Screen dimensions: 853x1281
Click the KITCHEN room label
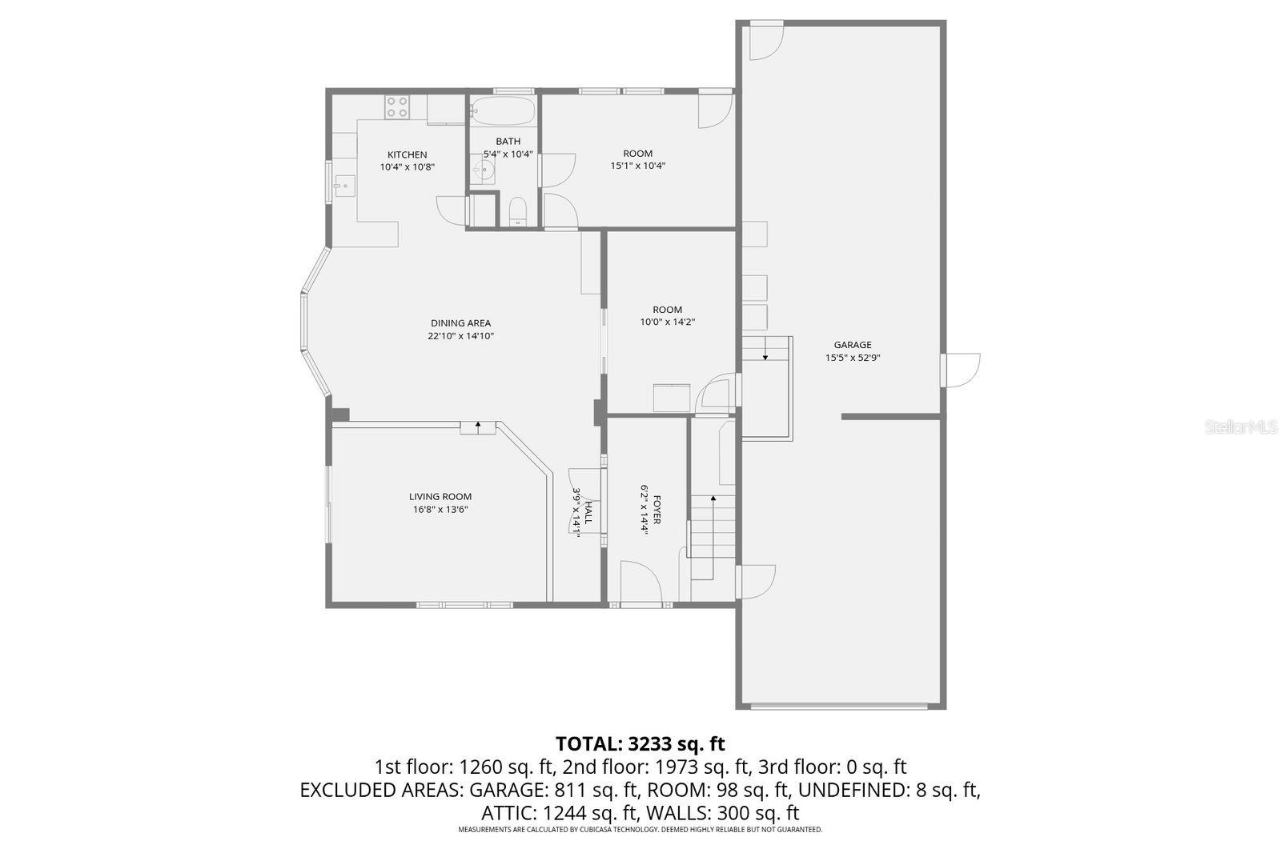pyautogui.click(x=407, y=154)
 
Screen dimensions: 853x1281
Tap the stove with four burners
pyautogui.click(x=397, y=106)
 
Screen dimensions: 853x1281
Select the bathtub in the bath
pyautogui.click(x=503, y=110)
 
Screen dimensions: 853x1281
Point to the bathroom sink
pyautogui.click(x=483, y=170)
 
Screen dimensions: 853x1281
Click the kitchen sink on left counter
pyautogui.click(x=343, y=186)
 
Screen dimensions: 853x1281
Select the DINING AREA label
pyautogui.click(x=460, y=323)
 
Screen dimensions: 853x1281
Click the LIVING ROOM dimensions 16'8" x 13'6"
pyautogui.click(x=440, y=509)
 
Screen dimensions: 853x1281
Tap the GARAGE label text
pyautogui.click(x=852, y=345)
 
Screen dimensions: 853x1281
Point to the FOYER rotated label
pyautogui.click(x=657, y=510)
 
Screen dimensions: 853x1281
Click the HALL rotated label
pyautogui.click(x=588, y=513)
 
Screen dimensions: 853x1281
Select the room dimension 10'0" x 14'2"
pyautogui.click(x=667, y=322)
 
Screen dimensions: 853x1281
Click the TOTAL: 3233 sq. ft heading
pyautogui.click(x=640, y=743)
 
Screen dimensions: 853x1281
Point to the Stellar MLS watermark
pyautogui.click(x=1241, y=427)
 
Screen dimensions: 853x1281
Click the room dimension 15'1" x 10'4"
pyautogui.click(x=637, y=166)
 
